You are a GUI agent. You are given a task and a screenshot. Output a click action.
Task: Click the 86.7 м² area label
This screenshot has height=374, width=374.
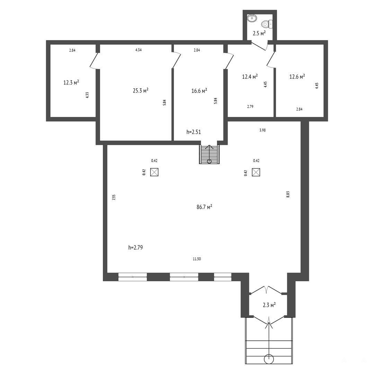point(204,207)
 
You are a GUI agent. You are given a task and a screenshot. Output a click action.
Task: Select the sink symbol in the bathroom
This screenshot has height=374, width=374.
point(252,18)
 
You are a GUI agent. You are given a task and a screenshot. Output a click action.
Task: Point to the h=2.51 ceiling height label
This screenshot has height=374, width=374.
point(194,132)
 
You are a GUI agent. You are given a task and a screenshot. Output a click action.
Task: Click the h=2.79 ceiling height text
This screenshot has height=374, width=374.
point(135,248)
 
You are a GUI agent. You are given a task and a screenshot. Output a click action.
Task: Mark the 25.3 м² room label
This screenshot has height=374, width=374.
point(141,90)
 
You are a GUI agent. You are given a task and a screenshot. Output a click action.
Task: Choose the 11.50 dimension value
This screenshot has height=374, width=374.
point(197,259)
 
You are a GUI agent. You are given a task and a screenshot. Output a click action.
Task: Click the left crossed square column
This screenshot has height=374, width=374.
point(154,172)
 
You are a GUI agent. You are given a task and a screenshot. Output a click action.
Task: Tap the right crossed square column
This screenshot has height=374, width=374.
point(256,172)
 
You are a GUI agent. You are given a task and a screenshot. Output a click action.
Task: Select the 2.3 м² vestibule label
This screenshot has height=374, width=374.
point(269,305)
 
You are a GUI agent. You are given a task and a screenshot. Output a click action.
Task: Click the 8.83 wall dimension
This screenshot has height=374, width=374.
point(288,194)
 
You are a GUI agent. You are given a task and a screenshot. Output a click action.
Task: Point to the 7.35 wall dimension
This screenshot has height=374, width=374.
point(114,197)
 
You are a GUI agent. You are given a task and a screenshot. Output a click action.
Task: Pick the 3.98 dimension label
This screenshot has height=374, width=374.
point(262,130)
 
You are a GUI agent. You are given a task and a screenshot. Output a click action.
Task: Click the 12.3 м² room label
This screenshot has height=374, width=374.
point(71,82)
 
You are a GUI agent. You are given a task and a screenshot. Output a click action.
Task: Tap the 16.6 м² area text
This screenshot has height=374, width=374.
point(199,91)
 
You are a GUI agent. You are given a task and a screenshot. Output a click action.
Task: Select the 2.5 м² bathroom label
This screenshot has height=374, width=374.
point(259,33)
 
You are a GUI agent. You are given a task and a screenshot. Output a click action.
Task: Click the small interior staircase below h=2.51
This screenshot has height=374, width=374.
point(209,154)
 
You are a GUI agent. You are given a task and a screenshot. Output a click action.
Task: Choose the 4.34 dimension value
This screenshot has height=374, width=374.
point(138,50)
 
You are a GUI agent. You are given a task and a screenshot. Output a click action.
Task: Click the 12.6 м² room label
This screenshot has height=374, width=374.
point(297,77)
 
